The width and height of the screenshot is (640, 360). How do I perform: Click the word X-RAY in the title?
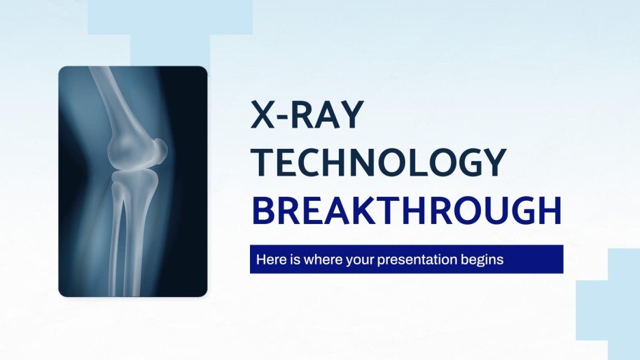point(305,116)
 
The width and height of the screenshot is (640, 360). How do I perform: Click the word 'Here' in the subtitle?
point(269,260)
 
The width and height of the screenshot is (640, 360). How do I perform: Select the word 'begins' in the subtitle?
point(484,260)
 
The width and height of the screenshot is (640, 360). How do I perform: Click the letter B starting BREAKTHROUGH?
point(263,211)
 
